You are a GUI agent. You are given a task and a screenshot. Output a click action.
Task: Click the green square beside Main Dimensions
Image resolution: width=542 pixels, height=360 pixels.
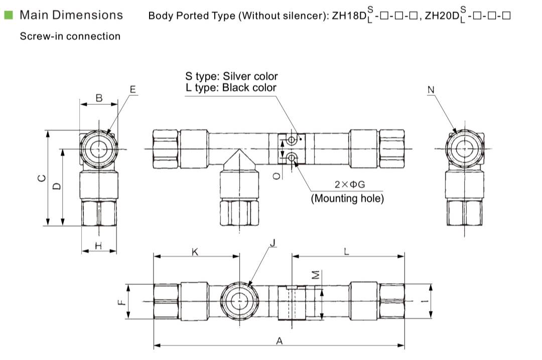coord(9,15)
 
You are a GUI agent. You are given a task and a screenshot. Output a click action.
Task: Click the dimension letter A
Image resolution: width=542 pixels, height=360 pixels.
coord(280,340)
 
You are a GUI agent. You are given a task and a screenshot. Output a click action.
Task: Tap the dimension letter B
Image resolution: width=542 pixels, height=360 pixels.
coord(99,98)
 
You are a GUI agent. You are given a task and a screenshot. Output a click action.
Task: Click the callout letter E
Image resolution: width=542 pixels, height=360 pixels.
coord(132,90)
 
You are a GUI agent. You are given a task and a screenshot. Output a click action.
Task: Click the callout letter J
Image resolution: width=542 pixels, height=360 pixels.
coord(273,244)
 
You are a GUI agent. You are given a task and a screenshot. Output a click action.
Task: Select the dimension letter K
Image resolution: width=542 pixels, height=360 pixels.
coord(195,252)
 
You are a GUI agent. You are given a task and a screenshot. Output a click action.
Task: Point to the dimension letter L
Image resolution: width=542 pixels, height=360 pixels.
coord(347,252)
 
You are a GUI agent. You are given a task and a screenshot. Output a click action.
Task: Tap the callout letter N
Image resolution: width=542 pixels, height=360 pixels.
coord(431,90)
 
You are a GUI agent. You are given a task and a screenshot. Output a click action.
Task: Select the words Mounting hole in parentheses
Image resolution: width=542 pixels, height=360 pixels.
coord(347,198)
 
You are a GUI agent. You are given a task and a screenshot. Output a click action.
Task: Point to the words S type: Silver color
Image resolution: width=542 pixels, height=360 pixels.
coord(231,76)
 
